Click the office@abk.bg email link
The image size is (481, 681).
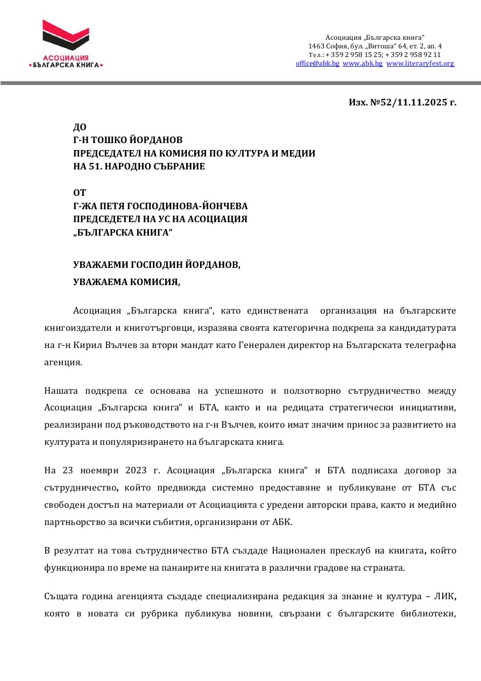pyautogui.click(x=317, y=63)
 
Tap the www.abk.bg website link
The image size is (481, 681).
pyautogui.click(x=363, y=63)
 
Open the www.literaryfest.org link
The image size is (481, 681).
pyautogui.click(x=420, y=63)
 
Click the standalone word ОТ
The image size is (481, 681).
pyautogui.click(x=79, y=193)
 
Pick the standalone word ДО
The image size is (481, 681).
pyautogui.click(x=80, y=127)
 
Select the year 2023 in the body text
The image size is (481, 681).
pyautogui.click(x=139, y=471)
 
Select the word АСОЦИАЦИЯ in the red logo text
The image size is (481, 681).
pyautogui.click(x=66, y=58)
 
